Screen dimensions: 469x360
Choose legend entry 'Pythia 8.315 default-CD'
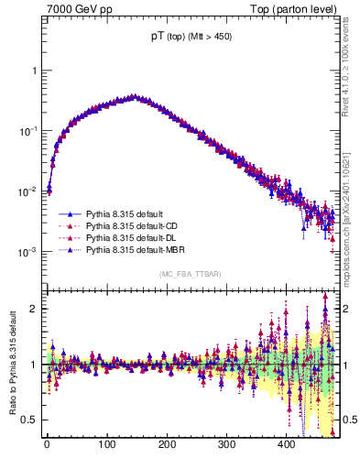[133, 224]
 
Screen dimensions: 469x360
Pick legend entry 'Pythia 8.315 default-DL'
[133, 236]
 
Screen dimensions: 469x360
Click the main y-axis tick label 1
[33, 71]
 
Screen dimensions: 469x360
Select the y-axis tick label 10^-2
[27, 191]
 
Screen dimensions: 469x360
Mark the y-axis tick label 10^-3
[27, 252]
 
